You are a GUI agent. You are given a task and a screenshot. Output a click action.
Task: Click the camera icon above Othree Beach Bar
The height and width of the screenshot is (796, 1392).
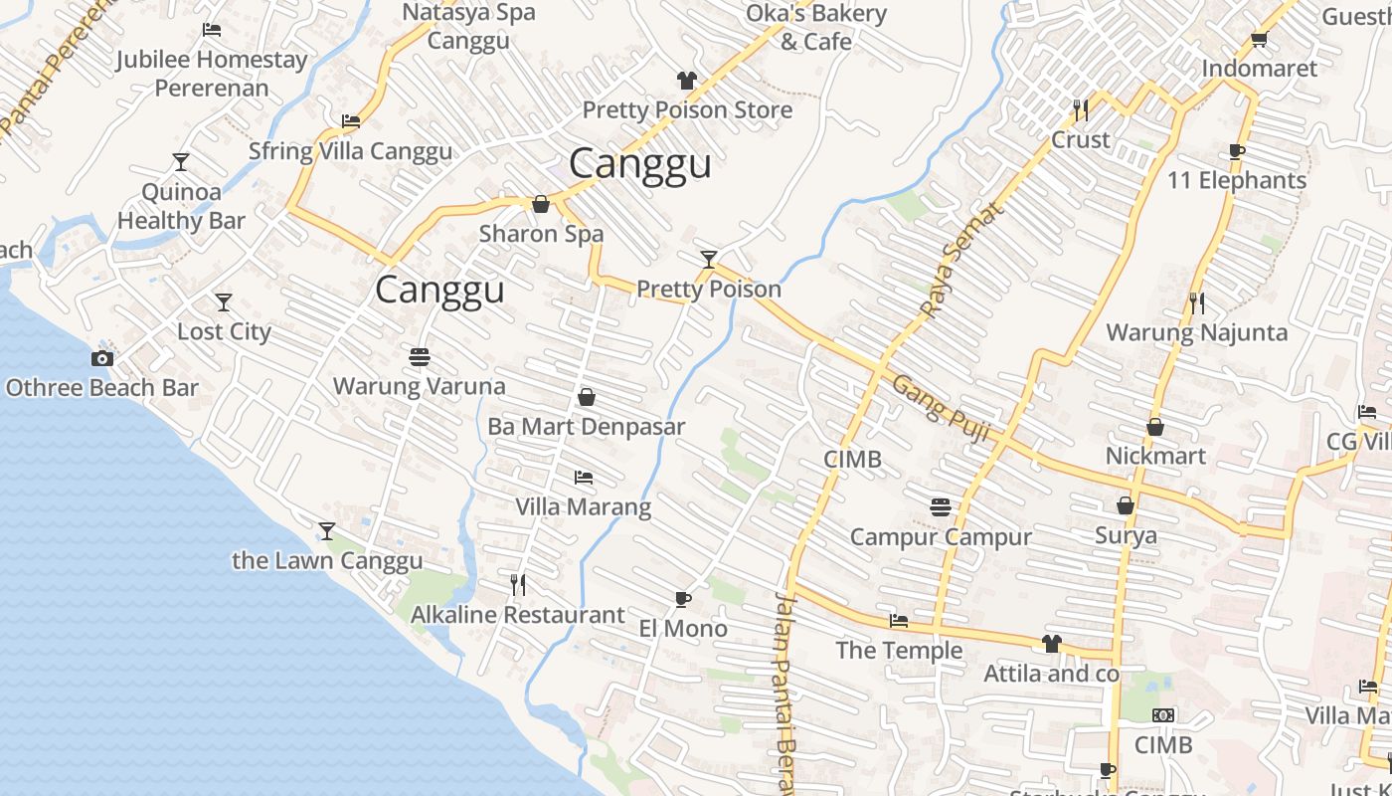[101, 358]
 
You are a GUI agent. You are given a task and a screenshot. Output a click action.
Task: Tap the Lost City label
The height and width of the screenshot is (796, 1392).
[224, 331]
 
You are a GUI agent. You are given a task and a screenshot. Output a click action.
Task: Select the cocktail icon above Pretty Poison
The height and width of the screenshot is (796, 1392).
[708, 260]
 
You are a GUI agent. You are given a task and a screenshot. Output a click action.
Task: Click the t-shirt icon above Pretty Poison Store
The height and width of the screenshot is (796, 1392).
[686, 81]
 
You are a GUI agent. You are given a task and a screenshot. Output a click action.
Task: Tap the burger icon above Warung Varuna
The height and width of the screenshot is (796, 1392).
[419, 356]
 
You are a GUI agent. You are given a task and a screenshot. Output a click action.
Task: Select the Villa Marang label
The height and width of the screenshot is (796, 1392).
[583, 506]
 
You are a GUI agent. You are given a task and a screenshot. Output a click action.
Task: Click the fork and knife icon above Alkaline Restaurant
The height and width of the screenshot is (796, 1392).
[517, 584]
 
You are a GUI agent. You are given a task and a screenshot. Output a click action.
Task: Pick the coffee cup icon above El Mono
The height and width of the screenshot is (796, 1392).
[682, 599]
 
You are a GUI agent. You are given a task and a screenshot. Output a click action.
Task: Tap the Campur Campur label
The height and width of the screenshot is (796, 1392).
[941, 537]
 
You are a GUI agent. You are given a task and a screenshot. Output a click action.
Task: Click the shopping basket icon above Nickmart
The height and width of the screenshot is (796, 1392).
[1155, 427]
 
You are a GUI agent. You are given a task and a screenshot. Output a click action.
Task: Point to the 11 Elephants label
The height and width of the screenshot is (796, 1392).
[1237, 181]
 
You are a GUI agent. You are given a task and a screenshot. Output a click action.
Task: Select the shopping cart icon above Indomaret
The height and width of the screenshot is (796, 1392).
[1259, 40]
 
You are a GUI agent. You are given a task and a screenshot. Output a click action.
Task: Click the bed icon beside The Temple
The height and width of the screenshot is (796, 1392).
[899, 621]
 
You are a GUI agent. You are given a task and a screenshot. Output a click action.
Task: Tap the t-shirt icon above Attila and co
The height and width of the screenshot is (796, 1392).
[1051, 644]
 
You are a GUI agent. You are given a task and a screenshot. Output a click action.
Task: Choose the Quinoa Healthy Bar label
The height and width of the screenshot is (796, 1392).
[181, 206]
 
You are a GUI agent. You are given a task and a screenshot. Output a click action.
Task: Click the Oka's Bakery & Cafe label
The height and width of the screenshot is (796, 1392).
[815, 28]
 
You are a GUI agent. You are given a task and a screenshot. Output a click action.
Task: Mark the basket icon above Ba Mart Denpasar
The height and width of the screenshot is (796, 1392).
[587, 397]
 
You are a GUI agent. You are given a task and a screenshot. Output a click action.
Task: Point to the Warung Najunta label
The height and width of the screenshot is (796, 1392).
[1196, 332]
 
